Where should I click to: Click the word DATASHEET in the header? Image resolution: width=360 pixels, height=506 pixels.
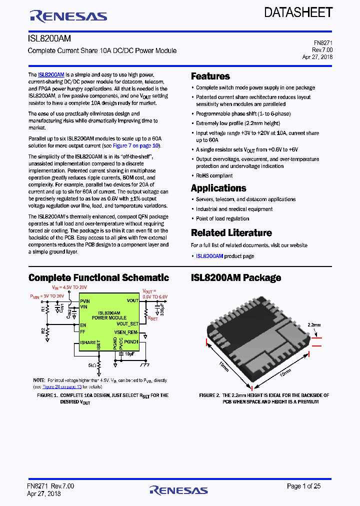(x=298, y=12)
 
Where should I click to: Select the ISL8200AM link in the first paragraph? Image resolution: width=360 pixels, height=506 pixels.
(x=51, y=74)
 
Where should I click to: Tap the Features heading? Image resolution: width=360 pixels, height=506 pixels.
(x=210, y=76)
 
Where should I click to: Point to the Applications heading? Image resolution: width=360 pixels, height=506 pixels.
(x=218, y=188)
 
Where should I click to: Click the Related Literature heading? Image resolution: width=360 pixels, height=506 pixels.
(x=231, y=233)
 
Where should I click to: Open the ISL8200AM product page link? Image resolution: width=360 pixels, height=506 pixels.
(x=209, y=256)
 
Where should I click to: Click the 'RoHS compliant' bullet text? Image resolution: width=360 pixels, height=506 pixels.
(x=214, y=175)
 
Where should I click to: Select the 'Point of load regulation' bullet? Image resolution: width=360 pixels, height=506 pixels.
(x=222, y=218)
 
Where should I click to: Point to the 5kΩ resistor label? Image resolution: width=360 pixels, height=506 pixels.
(x=92, y=365)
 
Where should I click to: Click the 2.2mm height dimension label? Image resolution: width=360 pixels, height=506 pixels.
(x=314, y=324)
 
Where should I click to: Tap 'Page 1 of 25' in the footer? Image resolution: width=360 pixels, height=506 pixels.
(x=303, y=486)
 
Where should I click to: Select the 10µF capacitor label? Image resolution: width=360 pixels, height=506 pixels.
(x=129, y=354)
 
